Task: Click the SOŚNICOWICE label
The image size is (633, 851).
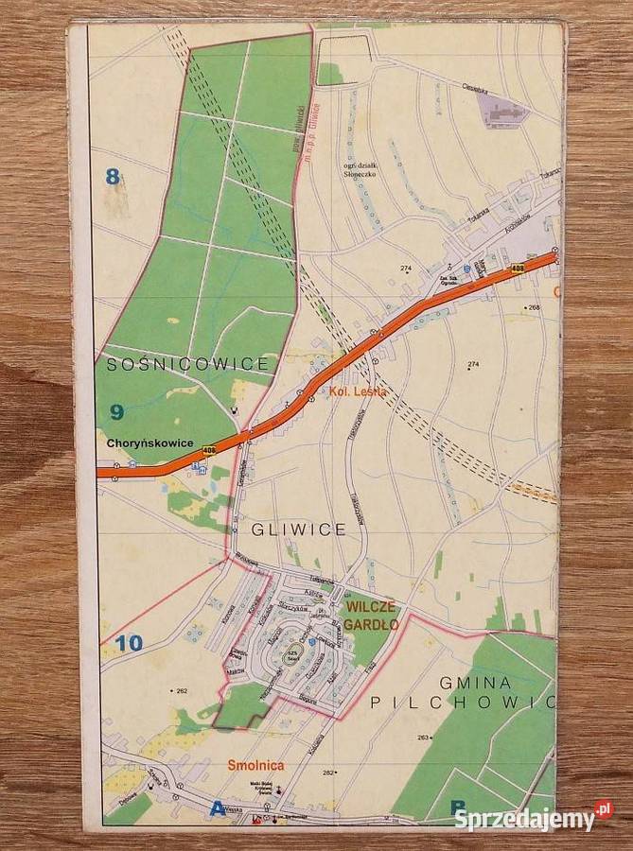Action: pos(188,363)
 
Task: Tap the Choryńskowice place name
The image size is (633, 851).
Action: pos(149,443)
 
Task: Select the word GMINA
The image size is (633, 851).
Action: pos(475,682)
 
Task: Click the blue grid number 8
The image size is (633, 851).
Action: pos(114,175)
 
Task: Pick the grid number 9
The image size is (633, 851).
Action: pos(116,410)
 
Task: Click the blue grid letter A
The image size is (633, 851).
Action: pos(219,808)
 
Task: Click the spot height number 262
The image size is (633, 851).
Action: pos(181,690)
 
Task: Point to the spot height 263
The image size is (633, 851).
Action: pos(423,737)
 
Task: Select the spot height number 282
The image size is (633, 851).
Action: pos(328,773)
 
